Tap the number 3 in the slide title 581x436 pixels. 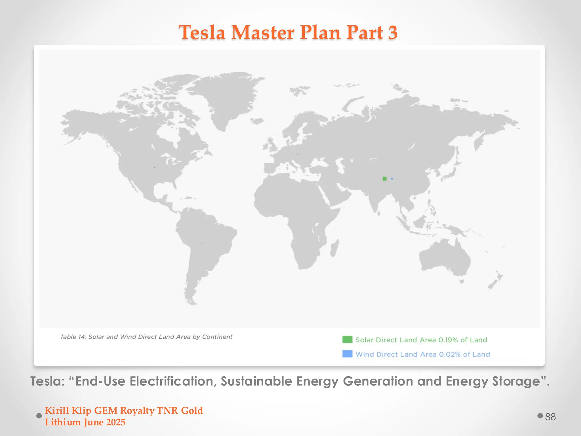click(x=393, y=33)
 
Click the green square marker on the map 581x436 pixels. click(x=384, y=179)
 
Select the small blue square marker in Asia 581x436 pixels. click(x=392, y=179)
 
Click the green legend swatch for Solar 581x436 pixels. click(x=347, y=339)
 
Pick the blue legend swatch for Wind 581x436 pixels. click(x=347, y=354)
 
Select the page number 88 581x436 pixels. click(x=550, y=417)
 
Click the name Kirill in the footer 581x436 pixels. click(x=57, y=410)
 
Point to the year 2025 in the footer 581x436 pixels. click(x=115, y=422)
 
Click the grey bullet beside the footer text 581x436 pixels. click(x=39, y=416)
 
